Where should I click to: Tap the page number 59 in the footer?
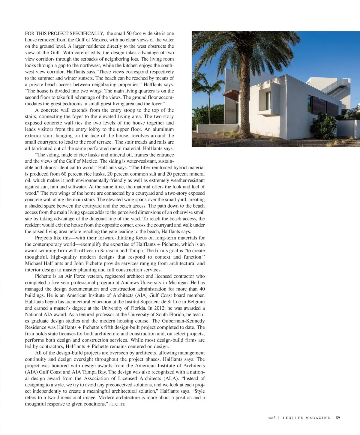(x=338, y=418)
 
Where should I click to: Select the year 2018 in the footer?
(x=272, y=418)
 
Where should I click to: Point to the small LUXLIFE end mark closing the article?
(x=117, y=404)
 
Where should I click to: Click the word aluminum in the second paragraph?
(x=163, y=129)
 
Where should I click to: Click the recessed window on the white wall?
(x=268, y=100)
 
